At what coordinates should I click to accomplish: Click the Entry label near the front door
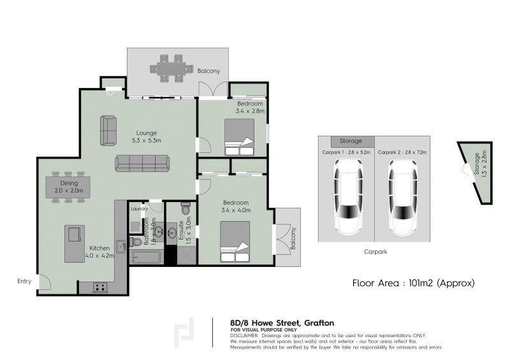tap(24, 280)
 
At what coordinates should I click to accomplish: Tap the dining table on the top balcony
tap(170, 68)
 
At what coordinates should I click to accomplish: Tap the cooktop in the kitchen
tap(101, 287)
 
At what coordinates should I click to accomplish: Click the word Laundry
tap(139, 208)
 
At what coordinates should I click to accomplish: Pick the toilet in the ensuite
tap(186, 208)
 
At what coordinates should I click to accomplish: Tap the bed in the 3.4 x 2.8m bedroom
tap(239, 138)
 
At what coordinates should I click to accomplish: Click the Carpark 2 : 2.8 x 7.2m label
tap(402, 153)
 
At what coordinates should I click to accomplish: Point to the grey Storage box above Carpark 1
tap(350, 141)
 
